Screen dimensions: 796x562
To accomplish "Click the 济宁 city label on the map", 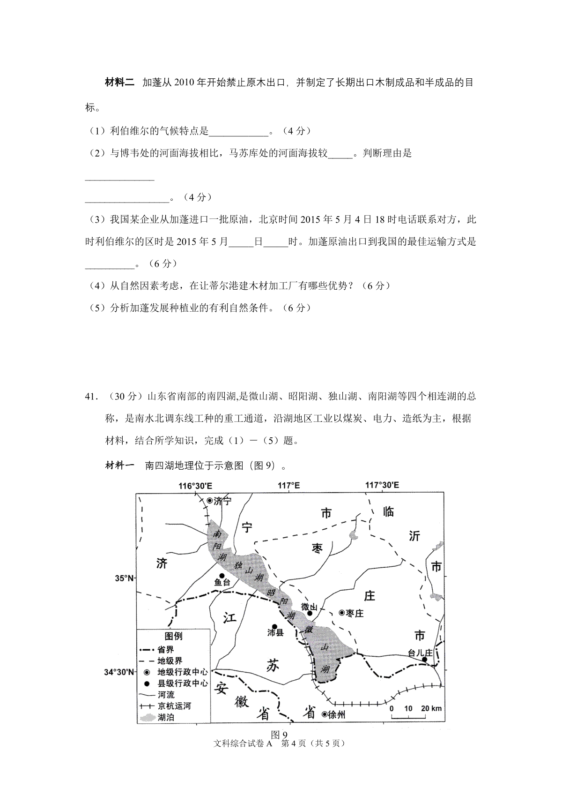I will [222, 501].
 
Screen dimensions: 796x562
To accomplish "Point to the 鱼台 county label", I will [222, 583].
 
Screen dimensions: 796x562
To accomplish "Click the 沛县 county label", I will [276, 632].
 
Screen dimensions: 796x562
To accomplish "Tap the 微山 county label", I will [310, 607].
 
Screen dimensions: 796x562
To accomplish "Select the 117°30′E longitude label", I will [382, 486].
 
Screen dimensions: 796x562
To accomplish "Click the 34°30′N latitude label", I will [119, 672].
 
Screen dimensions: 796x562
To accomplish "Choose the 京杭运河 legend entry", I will [175, 706].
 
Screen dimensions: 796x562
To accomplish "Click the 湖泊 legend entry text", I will [167, 717].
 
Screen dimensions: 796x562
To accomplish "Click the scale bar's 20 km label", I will [431, 708].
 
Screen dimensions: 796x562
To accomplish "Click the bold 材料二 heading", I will [119, 83].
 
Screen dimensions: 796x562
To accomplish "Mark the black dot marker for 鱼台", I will [222, 575].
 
